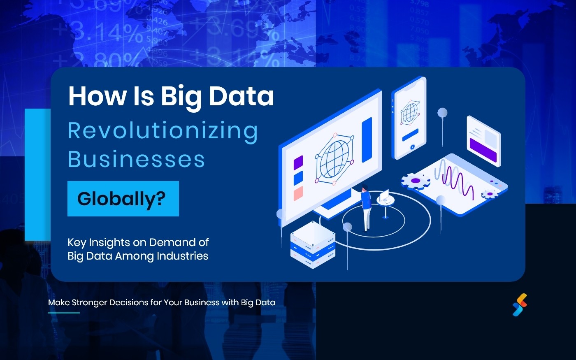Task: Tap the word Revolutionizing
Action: [163, 131]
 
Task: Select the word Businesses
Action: [136, 159]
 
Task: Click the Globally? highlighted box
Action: [123, 199]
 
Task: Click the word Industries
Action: [182, 256]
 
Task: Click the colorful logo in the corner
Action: [520, 305]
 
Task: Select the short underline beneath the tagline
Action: [64, 313]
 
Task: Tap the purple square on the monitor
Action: [298, 162]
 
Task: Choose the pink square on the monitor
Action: [298, 193]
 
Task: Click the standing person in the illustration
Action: [365, 208]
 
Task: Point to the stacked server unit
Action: [313, 244]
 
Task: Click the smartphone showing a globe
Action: [409, 117]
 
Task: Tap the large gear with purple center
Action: [416, 181]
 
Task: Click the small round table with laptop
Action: [386, 203]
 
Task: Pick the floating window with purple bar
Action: [483, 140]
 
